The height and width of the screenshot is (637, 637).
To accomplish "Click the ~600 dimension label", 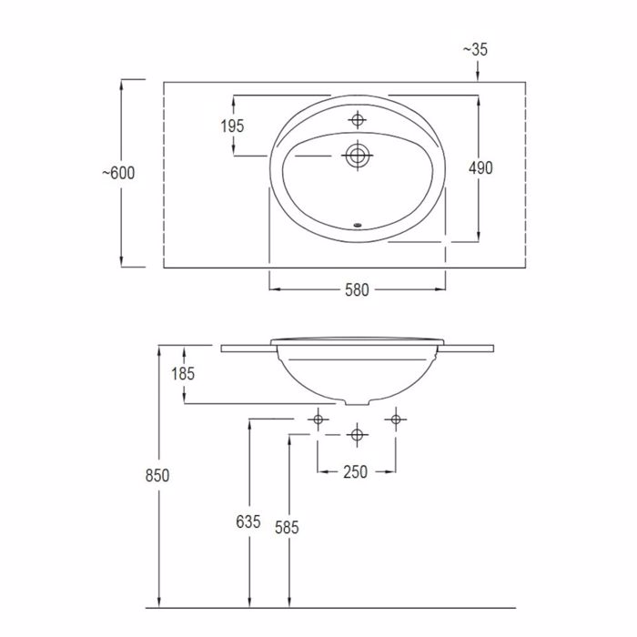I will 117,173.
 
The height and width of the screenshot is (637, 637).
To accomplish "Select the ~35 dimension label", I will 477,49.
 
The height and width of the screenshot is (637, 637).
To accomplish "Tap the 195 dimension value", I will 233,126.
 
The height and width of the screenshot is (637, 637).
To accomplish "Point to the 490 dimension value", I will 480,168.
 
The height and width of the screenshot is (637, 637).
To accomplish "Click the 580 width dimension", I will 357,290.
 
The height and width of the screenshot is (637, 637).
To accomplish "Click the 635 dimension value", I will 248,522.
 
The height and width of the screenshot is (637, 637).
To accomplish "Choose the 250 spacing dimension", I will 356,472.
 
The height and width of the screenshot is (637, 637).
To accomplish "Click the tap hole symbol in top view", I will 358,119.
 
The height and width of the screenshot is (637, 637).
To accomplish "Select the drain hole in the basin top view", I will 357,157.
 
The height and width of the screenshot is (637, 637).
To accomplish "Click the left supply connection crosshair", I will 317,419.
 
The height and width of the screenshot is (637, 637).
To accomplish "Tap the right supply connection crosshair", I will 395,419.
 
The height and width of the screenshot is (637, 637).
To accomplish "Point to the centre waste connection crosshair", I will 357,435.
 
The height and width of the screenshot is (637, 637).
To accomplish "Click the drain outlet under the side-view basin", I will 357,401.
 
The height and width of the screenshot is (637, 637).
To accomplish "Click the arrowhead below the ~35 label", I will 477,73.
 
